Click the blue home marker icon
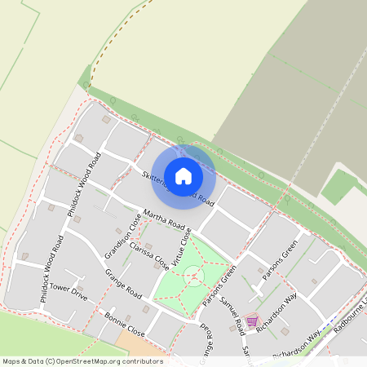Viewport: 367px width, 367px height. [x=183, y=175]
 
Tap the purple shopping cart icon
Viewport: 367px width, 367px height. [x=251, y=321]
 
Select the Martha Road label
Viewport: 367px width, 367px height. [x=166, y=219]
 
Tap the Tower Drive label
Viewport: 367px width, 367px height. [x=69, y=288]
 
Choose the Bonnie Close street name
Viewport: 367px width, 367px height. [x=125, y=324]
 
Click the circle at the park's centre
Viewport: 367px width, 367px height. [x=192, y=274]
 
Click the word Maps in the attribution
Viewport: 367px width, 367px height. [x=11, y=360]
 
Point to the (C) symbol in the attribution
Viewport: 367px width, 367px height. [x=50, y=360]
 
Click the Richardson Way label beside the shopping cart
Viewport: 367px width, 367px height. [x=275, y=308]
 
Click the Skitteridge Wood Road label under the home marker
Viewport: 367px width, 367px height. [x=178, y=189]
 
